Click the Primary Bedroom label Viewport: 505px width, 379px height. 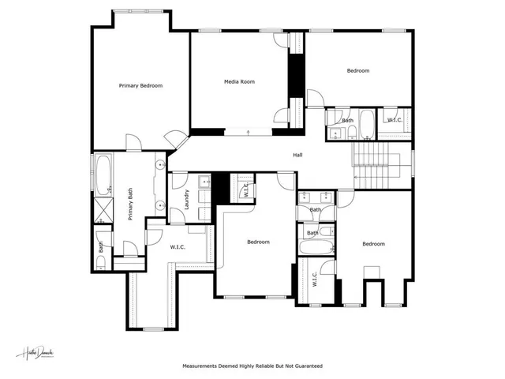pos(140,85)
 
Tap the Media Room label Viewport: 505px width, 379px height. pos(239,81)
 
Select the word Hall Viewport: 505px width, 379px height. pos(297,155)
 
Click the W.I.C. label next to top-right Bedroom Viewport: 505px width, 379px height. pos(394,120)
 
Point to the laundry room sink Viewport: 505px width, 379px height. pos(204,181)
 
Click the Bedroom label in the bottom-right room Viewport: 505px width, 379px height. pos(373,244)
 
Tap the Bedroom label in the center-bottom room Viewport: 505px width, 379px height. pos(257,242)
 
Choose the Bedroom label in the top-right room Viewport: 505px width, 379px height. pos(357,71)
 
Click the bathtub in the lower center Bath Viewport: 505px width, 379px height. pos(314,249)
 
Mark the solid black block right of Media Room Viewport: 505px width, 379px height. pos(296,75)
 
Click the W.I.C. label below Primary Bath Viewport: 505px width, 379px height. pos(178,247)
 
